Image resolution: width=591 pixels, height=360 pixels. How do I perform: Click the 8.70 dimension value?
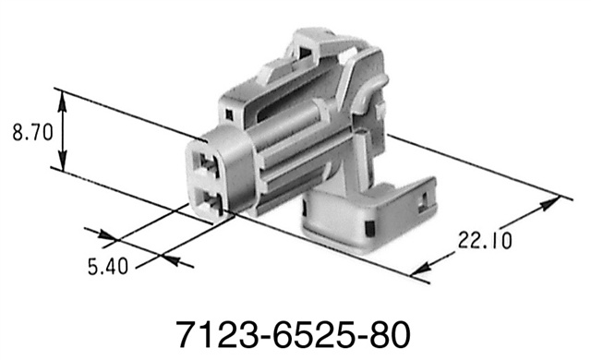point(30,133)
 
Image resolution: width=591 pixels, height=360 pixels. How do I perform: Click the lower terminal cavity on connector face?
point(211,201)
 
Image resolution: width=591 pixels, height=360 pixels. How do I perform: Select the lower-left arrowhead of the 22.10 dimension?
point(421,270)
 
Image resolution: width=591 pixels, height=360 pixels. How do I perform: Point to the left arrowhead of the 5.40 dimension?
point(104,234)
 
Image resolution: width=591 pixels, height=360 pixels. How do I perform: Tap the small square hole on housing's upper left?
point(228,114)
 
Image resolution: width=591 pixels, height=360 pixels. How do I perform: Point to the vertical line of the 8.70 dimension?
point(64,130)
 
